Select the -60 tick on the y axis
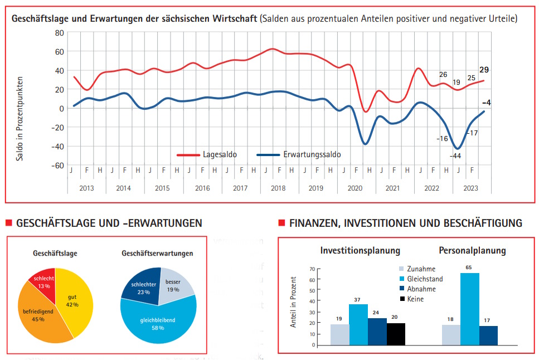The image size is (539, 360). (x=58, y=166)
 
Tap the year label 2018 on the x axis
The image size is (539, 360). (x=278, y=188)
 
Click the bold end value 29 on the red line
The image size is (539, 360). (x=484, y=70)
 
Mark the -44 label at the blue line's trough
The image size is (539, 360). (x=455, y=155)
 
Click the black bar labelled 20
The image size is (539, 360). (x=396, y=334)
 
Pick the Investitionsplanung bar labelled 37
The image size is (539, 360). (x=358, y=324)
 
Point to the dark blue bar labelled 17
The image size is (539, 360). (x=488, y=335)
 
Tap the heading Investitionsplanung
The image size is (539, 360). (x=360, y=250)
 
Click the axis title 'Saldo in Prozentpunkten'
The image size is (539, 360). (x=20, y=119)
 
